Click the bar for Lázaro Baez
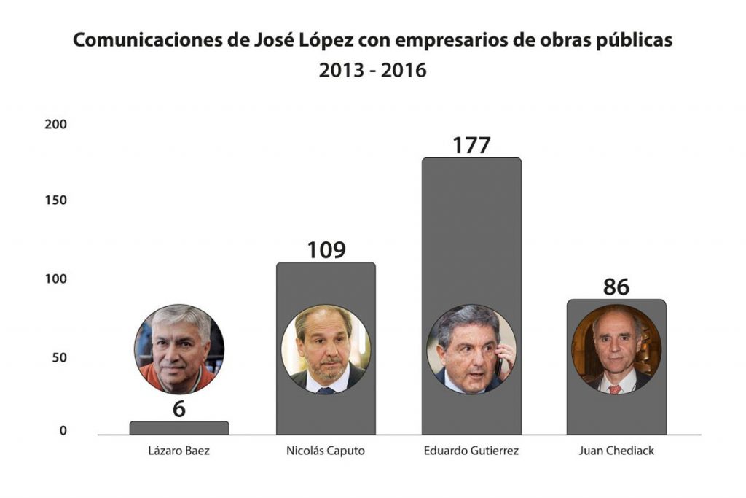(x=179, y=428)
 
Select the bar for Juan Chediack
(x=616, y=408)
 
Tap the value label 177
(x=471, y=145)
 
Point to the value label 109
(x=326, y=250)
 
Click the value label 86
(x=616, y=287)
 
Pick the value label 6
(x=179, y=409)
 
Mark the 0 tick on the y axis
(x=63, y=431)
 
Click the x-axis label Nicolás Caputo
(x=326, y=451)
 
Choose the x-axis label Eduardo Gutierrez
(x=471, y=451)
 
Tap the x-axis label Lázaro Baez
(x=179, y=451)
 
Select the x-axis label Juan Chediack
(x=616, y=451)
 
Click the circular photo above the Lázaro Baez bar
(x=179, y=349)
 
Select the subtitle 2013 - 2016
(x=372, y=71)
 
